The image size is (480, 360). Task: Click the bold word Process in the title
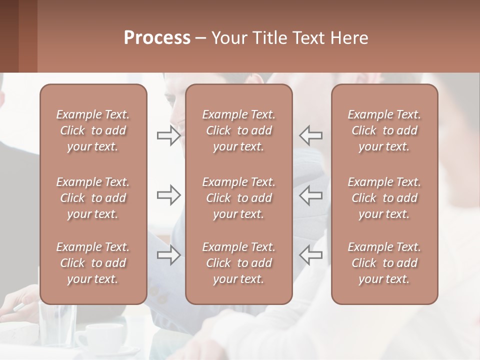pos(157,38)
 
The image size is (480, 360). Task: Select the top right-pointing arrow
pos(168,135)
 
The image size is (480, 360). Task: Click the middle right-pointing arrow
pos(168,195)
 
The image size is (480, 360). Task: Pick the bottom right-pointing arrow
pos(168,255)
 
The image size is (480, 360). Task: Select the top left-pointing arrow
pos(311,135)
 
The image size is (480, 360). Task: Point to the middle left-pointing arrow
pos(311,195)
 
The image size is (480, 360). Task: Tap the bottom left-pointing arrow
pos(311,255)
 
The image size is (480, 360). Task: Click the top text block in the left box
pos(93,130)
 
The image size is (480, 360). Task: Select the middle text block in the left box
pos(93,198)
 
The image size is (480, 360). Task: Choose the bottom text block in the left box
pos(93,263)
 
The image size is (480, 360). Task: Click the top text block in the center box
pos(238,130)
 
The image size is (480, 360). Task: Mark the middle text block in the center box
pos(238,198)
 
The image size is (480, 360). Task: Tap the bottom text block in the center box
pos(238,263)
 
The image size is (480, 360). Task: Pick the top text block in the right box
pos(384,130)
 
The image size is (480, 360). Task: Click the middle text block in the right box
pos(384,198)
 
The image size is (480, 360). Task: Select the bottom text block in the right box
pos(384,263)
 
